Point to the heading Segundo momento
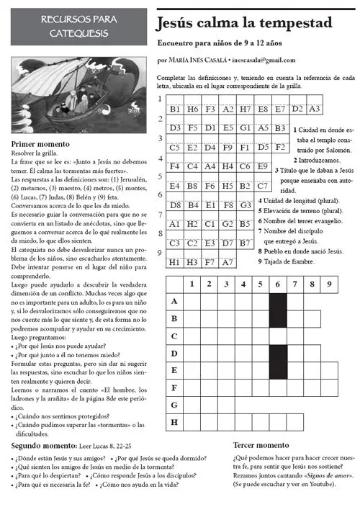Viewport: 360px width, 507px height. pyautogui.click(x=44, y=446)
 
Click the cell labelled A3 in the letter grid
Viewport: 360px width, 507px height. pyautogui.click(x=314, y=109)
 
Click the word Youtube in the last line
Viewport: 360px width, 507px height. pyautogui.click(x=318, y=485)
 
